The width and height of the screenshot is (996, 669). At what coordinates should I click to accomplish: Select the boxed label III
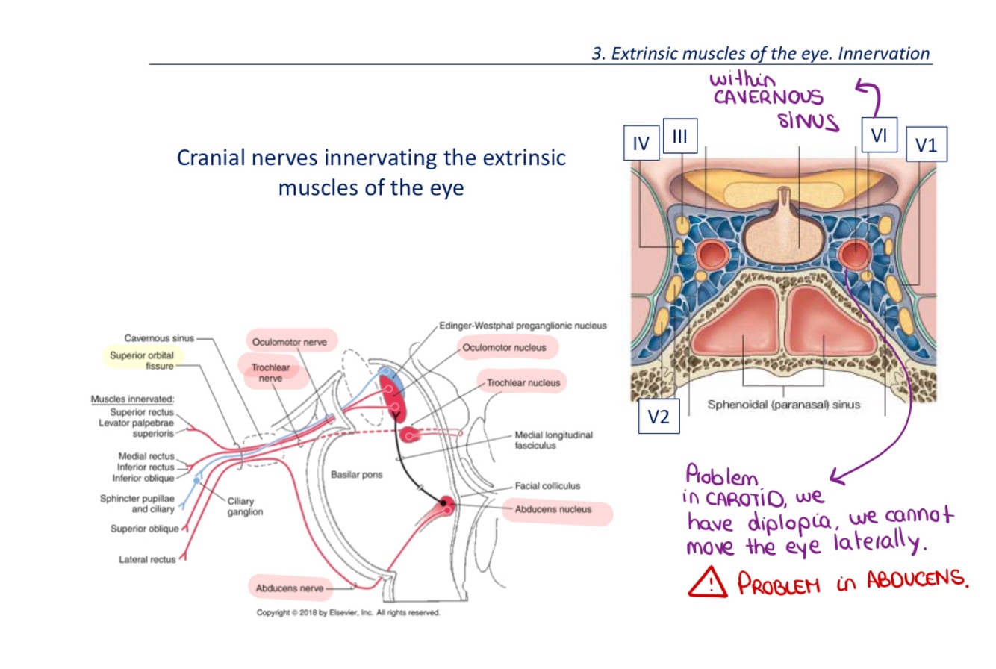click(x=679, y=137)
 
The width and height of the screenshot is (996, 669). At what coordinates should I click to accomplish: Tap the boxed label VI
click(x=878, y=136)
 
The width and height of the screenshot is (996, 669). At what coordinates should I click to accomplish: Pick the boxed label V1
click(x=926, y=145)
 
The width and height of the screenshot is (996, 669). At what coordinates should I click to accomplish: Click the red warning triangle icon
click(x=707, y=582)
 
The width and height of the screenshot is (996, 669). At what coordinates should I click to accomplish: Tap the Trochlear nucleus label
click(x=523, y=383)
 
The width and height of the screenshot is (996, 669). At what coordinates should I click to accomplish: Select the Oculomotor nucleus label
click(x=504, y=347)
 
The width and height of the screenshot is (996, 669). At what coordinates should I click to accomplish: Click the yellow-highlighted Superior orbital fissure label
click(x=142, y=361)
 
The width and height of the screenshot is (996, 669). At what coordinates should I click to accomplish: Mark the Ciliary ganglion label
click(x=245, y=507)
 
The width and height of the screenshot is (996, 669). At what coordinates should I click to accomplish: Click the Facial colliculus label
click(x=548, y=485)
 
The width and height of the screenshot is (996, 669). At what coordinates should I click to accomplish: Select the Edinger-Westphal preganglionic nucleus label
click(x=523, y=326)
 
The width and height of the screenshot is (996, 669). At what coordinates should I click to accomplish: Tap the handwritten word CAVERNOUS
click(x=767, y=97)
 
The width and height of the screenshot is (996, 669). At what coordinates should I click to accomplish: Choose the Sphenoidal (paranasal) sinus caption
click(x=783, y=405)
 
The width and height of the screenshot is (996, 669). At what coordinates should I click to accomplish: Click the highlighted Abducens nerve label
click(x=290, y=588)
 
